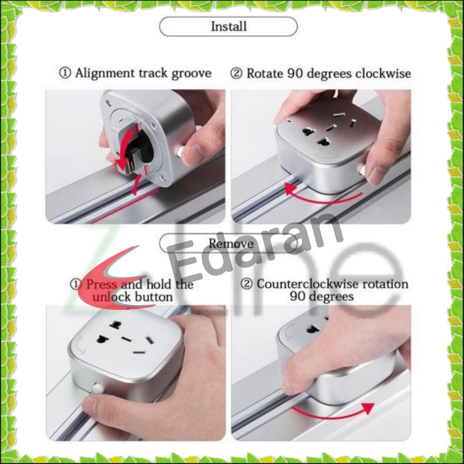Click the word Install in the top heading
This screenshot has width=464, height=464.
click(228, 27)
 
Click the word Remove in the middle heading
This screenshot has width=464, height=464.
click(231, 243)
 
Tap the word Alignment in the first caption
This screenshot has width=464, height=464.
click(105, 73)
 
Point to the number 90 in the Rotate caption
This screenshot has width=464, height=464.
click(295, 73)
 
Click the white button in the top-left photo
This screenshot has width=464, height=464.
click(180, 151)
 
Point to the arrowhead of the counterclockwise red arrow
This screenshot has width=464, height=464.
click(368, 408)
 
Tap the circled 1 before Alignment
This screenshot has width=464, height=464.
click(65, 73)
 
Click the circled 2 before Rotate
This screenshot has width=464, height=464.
click(236, 73)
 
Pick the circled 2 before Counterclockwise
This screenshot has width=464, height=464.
click(247, 284)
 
